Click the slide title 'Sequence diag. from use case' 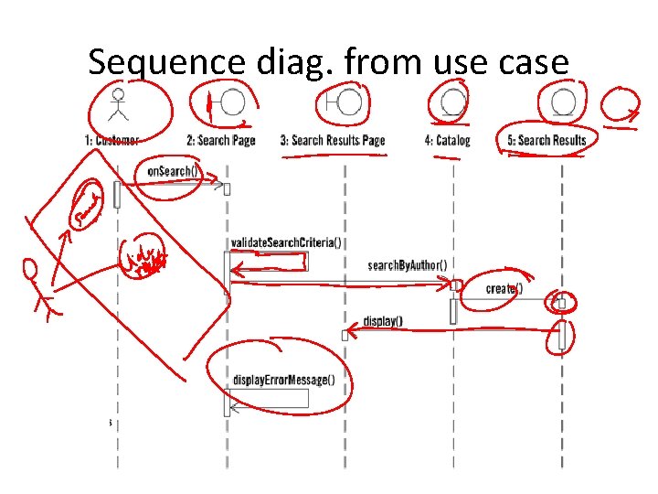click(x=329, y=61)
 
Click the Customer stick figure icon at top click(x=116, y=104)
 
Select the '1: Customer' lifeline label click(x=111, y=140)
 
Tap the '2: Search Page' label click(x=221, y=140)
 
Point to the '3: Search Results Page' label click(x=333, y=140)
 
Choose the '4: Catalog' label click(x=448, y=140)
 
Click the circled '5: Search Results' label click(x=547, y=140)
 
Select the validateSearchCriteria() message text click(x=286, y=242)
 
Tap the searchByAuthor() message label click(x=408, y=265)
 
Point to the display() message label click(x=383, y=321)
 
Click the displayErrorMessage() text click(x=284, y=381)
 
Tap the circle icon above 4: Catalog click(x=452, y=102)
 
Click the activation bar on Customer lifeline click(x=117, y=194)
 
